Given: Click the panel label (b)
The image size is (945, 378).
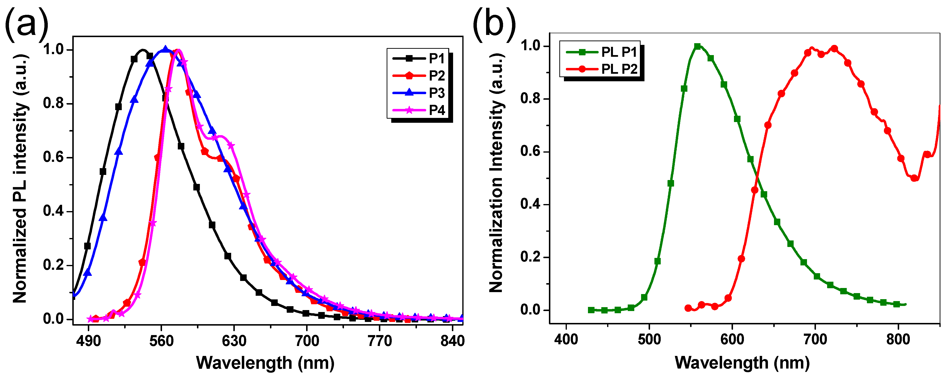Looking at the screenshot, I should (493, 23).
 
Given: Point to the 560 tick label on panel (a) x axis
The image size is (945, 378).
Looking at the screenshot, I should (161, 342).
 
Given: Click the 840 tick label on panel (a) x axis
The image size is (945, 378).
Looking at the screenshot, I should (452, 342).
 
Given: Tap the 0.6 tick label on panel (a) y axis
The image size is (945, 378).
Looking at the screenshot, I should (54, 157).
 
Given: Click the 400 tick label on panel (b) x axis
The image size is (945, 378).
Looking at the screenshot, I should (566, 339).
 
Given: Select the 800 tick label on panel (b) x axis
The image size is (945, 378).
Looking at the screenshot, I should (898, 339).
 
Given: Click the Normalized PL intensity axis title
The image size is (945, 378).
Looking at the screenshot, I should (20, 179).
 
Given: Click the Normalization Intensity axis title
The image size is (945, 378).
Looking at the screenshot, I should (496, 173).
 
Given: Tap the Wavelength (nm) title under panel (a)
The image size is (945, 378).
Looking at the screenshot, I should (265, 363).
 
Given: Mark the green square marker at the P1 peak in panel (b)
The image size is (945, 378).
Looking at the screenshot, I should (697, 46).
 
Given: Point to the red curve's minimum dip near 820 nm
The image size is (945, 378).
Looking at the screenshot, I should (914, 178).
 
